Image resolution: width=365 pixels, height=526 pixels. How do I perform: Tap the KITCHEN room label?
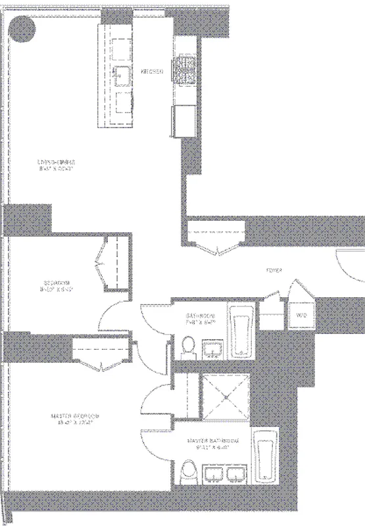pyautogui.click(x=152, y=72)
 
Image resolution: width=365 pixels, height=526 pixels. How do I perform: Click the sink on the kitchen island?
pyautogui.click(x=122, y=74)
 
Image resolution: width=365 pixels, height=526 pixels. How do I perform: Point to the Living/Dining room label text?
pyautogui.click(x=57, y=164)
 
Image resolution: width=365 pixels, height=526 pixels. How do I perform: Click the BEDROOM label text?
pyautogui.click(x=55, y=285)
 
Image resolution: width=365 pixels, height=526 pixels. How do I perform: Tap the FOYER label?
pyautogui.click(x=274, y=269)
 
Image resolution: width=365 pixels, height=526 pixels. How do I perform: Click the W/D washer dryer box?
pyautogui.click(x=301, y=316)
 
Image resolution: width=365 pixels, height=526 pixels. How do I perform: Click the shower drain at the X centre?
pyautogui.click(x=226, y=397)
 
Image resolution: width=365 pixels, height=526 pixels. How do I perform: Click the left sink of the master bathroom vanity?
pyautogui.click(x=213, y=475)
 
